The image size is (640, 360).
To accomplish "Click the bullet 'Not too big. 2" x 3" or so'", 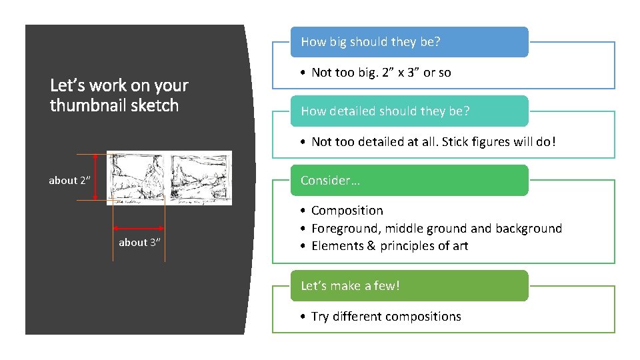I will (381, 73).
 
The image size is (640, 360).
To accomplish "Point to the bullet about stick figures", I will (433, 142).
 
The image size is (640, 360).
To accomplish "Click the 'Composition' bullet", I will (347, 211).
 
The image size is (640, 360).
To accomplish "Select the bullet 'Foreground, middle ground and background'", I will (436, 229).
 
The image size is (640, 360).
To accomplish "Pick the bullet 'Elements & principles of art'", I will (389, 246).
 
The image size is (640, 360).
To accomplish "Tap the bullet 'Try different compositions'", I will (385, 317).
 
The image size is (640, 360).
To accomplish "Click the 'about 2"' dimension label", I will (69, 181).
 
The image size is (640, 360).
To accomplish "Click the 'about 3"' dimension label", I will (139, 243).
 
